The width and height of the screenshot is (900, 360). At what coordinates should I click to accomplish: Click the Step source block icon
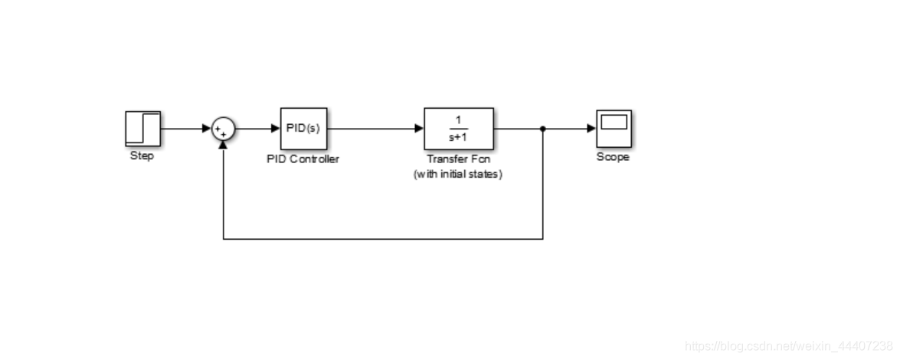(143, 129)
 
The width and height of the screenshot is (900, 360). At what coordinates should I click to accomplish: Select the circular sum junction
(224, 129)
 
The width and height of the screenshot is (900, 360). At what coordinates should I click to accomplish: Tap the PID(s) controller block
(303, 129)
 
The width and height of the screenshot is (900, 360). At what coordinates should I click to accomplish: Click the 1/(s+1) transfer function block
(459, 129)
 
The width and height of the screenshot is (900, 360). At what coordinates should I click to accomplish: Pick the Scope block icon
(614, 129)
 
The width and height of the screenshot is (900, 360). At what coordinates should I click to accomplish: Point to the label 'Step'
(142, 155)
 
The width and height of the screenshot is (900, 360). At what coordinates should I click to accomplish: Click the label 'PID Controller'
(303, 159)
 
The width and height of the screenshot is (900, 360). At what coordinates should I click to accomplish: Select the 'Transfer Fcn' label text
(459, 159)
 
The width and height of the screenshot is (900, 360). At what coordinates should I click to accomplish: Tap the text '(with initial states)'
(458, 174)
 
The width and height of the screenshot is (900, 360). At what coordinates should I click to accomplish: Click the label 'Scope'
(613, 157)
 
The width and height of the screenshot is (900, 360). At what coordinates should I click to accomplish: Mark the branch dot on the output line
(543, 129)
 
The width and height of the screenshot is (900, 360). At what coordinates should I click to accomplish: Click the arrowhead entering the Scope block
(592, 129)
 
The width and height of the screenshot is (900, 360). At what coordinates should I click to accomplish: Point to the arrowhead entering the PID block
(276, 129)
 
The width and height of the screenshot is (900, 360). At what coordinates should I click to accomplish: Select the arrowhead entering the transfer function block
(419, 129)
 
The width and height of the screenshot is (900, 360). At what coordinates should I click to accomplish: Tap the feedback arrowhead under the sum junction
(224, 146)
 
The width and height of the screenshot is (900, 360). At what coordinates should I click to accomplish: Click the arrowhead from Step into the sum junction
(208, 129)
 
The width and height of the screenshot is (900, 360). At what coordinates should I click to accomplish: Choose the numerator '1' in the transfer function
(459, 120)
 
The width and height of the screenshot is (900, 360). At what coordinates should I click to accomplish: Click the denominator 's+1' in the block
(459, 137)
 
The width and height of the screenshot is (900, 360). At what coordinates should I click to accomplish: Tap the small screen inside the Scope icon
(614, 122)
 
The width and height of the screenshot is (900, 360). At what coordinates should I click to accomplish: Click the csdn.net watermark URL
(789, 346)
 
